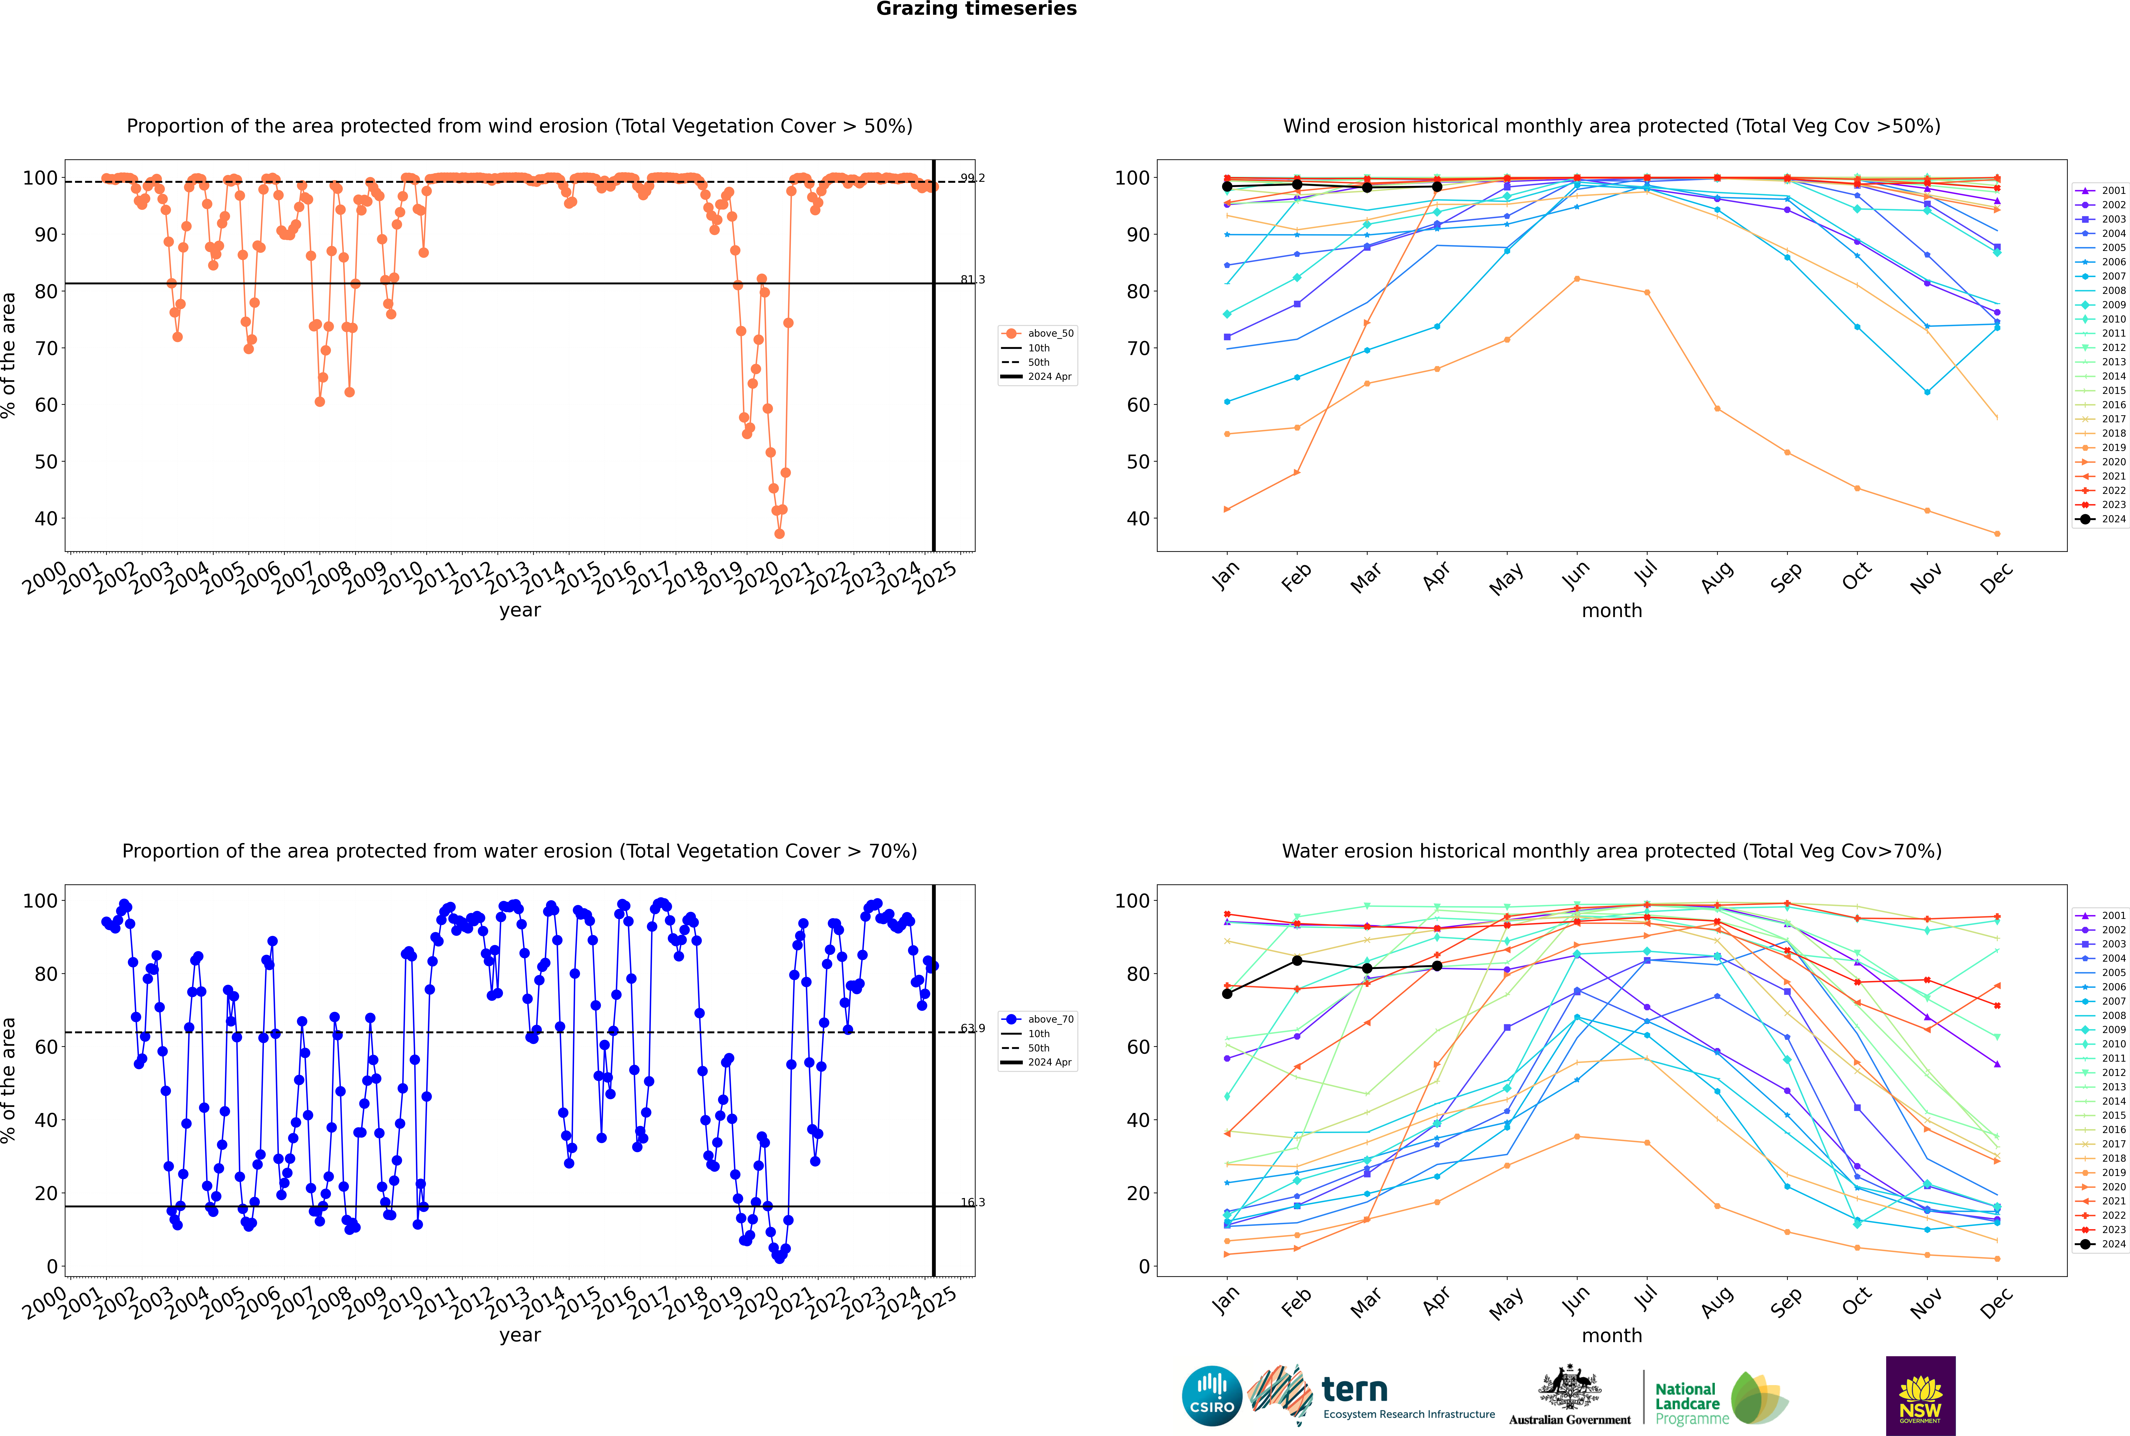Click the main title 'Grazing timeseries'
976,9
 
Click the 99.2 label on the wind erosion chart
973,178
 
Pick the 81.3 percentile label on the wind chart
973,279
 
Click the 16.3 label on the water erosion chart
973,1203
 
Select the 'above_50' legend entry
1049,333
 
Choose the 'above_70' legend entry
1049,1019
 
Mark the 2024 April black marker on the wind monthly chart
1437,187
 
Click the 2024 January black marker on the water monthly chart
1227,994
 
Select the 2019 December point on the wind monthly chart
1997,534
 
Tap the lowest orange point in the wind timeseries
779,534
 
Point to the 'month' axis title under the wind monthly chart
1612,611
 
